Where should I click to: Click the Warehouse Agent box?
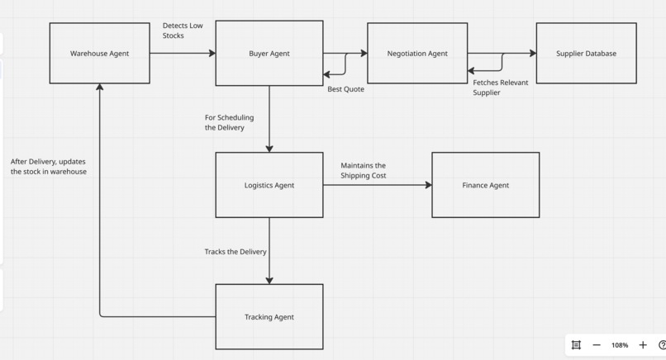click(99, 53)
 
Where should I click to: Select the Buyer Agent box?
click(269, 53)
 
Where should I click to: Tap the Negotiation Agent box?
click(417, 53)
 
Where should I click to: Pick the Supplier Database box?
click(586, 53)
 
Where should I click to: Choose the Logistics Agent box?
click(269, 185)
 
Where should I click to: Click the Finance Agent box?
click(486, 185)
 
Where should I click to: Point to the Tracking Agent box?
click(269, 317)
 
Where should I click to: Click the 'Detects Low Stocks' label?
click(183, 31)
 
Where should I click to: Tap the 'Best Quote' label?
click(345, 89)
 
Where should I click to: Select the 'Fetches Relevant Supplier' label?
click(501, 88)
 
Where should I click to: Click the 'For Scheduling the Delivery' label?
click(229, 122)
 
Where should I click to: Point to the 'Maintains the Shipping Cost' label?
click(363, 170)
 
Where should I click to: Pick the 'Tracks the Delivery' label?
click(235, 252)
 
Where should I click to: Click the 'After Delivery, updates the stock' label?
click(49, 167)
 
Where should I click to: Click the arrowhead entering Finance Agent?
click(428, 185)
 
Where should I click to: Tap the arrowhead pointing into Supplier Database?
click(533, 53)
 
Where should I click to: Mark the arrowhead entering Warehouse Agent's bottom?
click(99, 87)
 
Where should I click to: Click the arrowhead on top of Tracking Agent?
click(269, 281)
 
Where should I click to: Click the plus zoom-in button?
click(643, 345)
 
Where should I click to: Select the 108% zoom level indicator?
click(620, 345)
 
